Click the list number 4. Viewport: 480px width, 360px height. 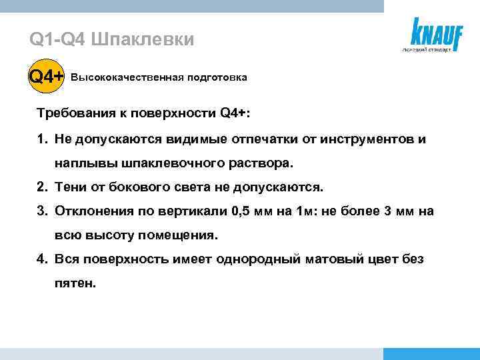point(41,259)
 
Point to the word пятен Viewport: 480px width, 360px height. point(75,283)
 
